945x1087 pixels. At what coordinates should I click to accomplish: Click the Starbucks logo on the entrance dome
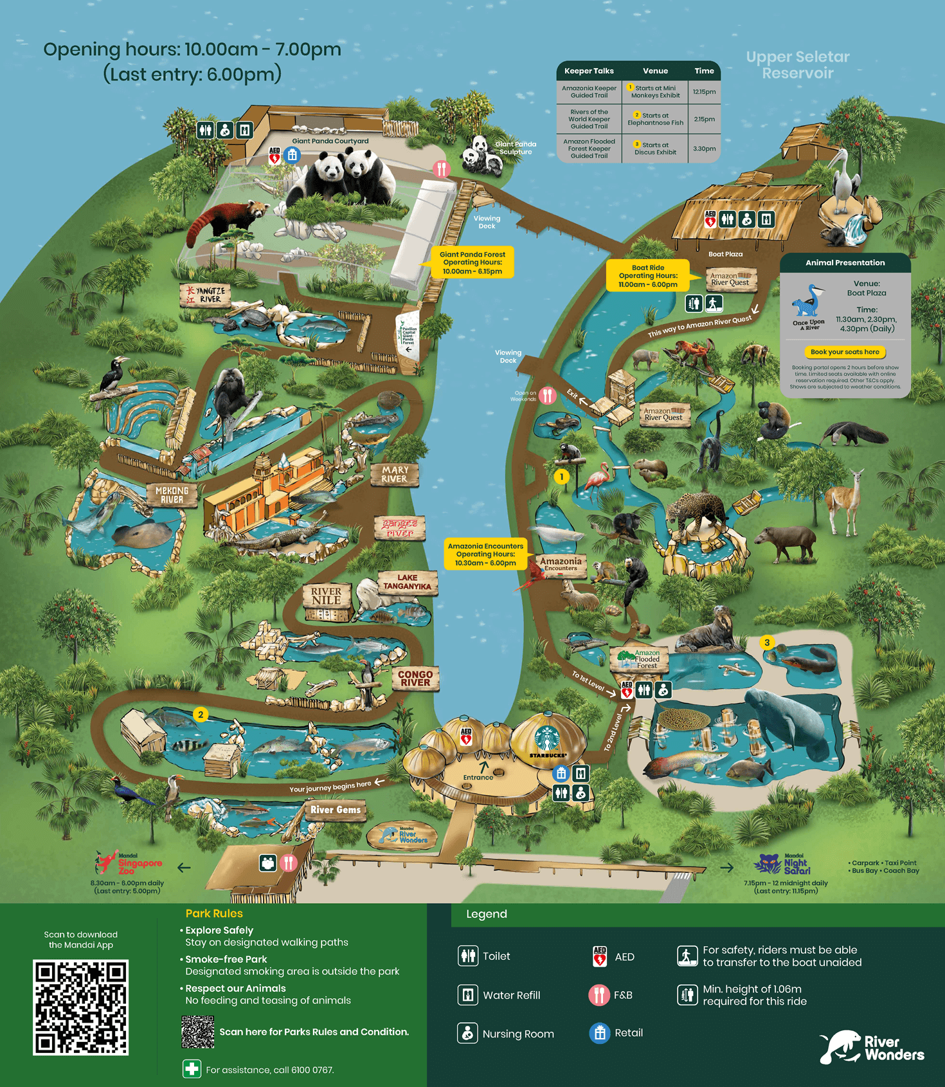point(547,737)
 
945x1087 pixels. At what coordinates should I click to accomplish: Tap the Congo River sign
point(415,679)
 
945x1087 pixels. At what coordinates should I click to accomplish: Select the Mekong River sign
point(172,495)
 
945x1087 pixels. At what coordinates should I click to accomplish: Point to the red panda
point(226,218)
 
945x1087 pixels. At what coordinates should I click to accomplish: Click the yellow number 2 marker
point(201,715)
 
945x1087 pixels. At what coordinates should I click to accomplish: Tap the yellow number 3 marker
point(766,642)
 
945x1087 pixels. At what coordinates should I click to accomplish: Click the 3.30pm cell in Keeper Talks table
point(704,149)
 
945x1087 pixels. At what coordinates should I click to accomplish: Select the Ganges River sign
point(400,528)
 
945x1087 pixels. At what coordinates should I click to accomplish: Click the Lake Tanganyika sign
point(408,582)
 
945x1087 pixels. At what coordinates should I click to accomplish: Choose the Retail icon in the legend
point(599,1033)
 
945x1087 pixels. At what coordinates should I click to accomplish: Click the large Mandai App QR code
point(81,1007)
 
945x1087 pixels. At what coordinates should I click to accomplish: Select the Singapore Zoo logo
point(129,863)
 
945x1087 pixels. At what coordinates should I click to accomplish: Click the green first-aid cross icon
point(192,1069)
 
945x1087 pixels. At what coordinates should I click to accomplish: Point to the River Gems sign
point(336,810)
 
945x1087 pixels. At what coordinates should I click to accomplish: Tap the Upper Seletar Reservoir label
point(798,65)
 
